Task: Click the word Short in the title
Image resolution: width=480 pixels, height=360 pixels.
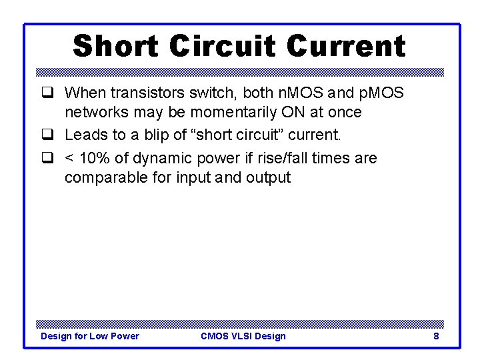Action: tap(115, 47)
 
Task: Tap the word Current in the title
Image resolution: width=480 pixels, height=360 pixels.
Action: tap(345, 47)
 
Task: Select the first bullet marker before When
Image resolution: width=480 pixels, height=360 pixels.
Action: tap(47, 92)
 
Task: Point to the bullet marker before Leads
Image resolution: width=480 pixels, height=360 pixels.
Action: tap(47, 135)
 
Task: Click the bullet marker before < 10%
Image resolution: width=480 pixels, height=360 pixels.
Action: tap(47, 159)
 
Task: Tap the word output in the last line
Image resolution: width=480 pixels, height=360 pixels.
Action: tap(269, 178)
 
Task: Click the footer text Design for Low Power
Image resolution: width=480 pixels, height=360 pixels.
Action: tap(90, 336)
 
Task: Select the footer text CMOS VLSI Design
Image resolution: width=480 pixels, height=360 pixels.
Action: tap(243, 336)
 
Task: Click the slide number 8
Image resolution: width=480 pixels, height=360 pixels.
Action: tap(436, 336)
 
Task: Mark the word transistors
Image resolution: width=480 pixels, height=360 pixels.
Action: tap(143, 92)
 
